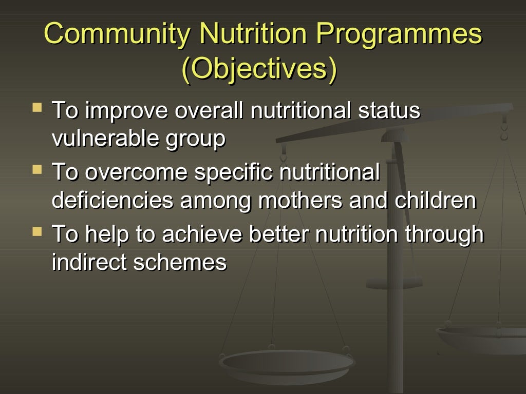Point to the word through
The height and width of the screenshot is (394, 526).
point(444,234)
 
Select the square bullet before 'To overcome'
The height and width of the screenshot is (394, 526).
point(36,169)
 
